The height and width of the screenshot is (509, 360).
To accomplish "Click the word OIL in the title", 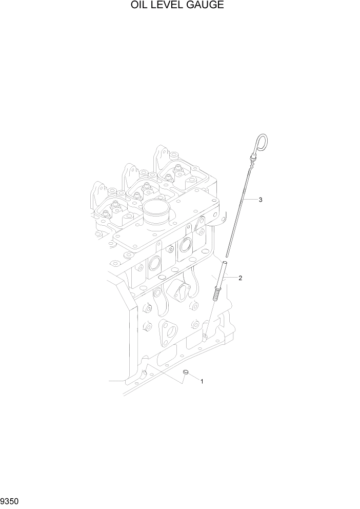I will pyautogui.click(x=138, y=6).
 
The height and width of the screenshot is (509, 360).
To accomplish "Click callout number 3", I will pyautogui.click(x=261, y=200).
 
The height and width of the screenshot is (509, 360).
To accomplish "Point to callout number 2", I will pyautogui.click(x=240, y=278).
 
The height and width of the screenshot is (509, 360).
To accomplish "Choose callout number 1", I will pyautogui.click(x=202, y=381).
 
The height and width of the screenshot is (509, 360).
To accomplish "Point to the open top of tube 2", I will pyautogui.click(x=224, y=263).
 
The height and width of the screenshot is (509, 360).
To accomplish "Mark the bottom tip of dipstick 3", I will pyautogui.click(x=227, y=254).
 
